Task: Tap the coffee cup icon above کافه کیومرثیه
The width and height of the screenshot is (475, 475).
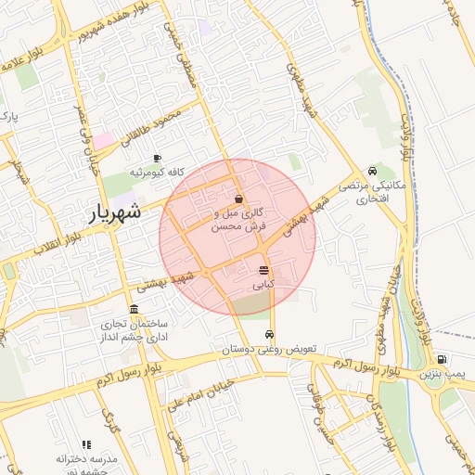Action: (x=157, y=158)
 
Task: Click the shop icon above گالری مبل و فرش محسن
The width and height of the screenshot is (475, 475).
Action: (x=239, y=199)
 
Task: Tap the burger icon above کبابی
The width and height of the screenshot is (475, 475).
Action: (x=264, y=271)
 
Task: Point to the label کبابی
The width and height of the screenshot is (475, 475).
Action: (x=264, y=285)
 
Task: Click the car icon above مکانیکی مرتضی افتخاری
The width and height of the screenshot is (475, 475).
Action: (x=372, y=171)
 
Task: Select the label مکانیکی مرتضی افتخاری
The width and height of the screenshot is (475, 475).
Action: (x=370, y=192)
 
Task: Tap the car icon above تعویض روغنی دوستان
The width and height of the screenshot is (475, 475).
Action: (x=269, y=334)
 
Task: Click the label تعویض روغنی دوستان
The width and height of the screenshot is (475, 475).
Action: (x=269, y=349)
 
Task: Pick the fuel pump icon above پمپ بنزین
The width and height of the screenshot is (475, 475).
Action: (x=441, y=360)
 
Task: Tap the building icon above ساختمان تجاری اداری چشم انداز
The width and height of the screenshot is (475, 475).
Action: (x=135, y=309)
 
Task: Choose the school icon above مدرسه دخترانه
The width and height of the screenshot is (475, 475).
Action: (x=87, y=445)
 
